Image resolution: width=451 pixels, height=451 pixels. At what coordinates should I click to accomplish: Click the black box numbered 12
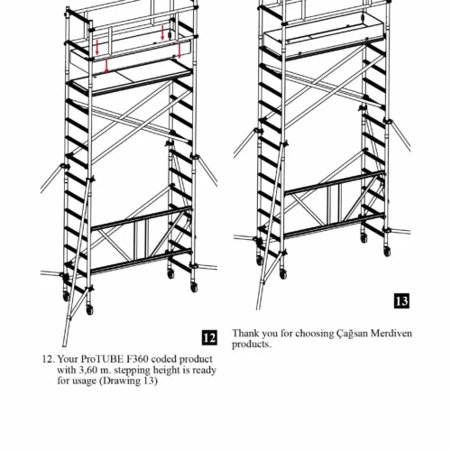(209, 338)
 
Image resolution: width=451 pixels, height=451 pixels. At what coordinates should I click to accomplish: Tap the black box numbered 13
(401, 301)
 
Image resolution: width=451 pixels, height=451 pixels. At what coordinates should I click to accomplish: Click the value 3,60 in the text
(85, 370)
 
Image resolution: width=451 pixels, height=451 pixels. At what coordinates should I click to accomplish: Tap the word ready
(205, 371)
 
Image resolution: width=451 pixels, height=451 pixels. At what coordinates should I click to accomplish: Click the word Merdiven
(391, 333)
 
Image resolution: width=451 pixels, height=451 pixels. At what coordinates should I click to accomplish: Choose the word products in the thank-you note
(251, 345)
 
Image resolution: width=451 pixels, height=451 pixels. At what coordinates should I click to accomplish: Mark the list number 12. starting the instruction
(49, 359)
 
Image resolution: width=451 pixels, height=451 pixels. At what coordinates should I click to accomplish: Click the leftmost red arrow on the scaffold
(97, 47)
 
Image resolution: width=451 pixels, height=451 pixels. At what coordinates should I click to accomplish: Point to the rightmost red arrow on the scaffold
(179, 51)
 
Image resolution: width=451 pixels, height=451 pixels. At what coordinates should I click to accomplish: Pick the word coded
(165, 359)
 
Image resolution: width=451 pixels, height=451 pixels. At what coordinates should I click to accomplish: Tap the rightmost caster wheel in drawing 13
(388, 251)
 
